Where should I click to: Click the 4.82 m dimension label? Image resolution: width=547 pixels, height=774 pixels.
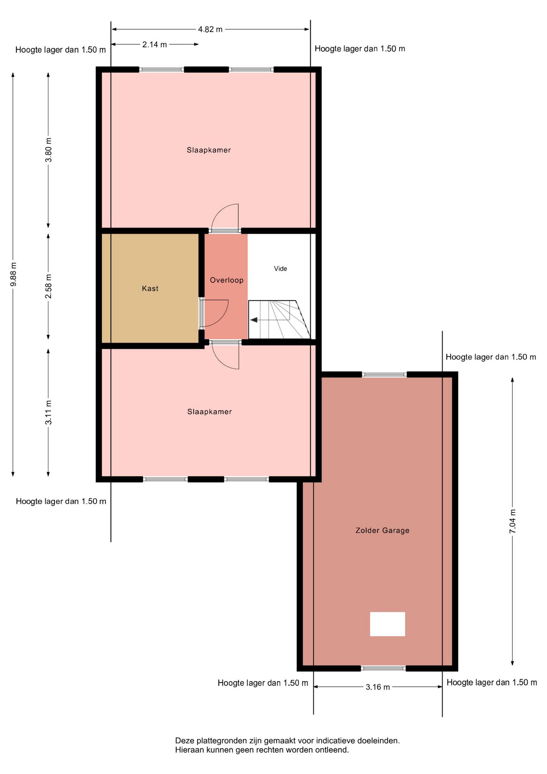tap(210, 29)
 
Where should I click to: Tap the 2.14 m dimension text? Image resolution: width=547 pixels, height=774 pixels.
tap(155, 44)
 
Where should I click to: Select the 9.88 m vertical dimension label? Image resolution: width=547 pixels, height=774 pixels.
tap(13, 275)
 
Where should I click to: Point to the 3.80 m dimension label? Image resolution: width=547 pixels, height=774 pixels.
tap(48, 150)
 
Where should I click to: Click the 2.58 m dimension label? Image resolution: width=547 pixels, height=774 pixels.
tap(48, 286)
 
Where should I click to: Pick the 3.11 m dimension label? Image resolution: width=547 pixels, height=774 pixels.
tap(48, 412)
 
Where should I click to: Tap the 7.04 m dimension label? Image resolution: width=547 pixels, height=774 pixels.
tap(512, 521)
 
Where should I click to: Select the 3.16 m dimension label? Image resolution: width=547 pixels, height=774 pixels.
tap(378, 687)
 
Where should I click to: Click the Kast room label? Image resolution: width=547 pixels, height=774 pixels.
tap(150, 288)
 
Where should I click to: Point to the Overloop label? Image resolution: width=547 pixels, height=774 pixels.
tap(227, 280)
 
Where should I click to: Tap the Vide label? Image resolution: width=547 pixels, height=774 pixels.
tap(280, 268)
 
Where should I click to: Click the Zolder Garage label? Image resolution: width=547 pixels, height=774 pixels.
tap(382, 531)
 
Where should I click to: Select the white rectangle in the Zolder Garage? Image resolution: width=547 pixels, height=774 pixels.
tap(387, 624)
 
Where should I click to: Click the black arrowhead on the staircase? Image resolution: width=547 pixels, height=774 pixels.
tap(254, 320)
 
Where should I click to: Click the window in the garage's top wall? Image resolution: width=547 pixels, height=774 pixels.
tap(384, 375)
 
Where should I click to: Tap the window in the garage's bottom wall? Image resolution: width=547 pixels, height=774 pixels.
tap(383, 668)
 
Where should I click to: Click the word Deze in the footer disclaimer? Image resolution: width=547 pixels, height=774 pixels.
tap(184, 741)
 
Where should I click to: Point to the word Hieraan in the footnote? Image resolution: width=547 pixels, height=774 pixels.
tap(189, 750)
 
